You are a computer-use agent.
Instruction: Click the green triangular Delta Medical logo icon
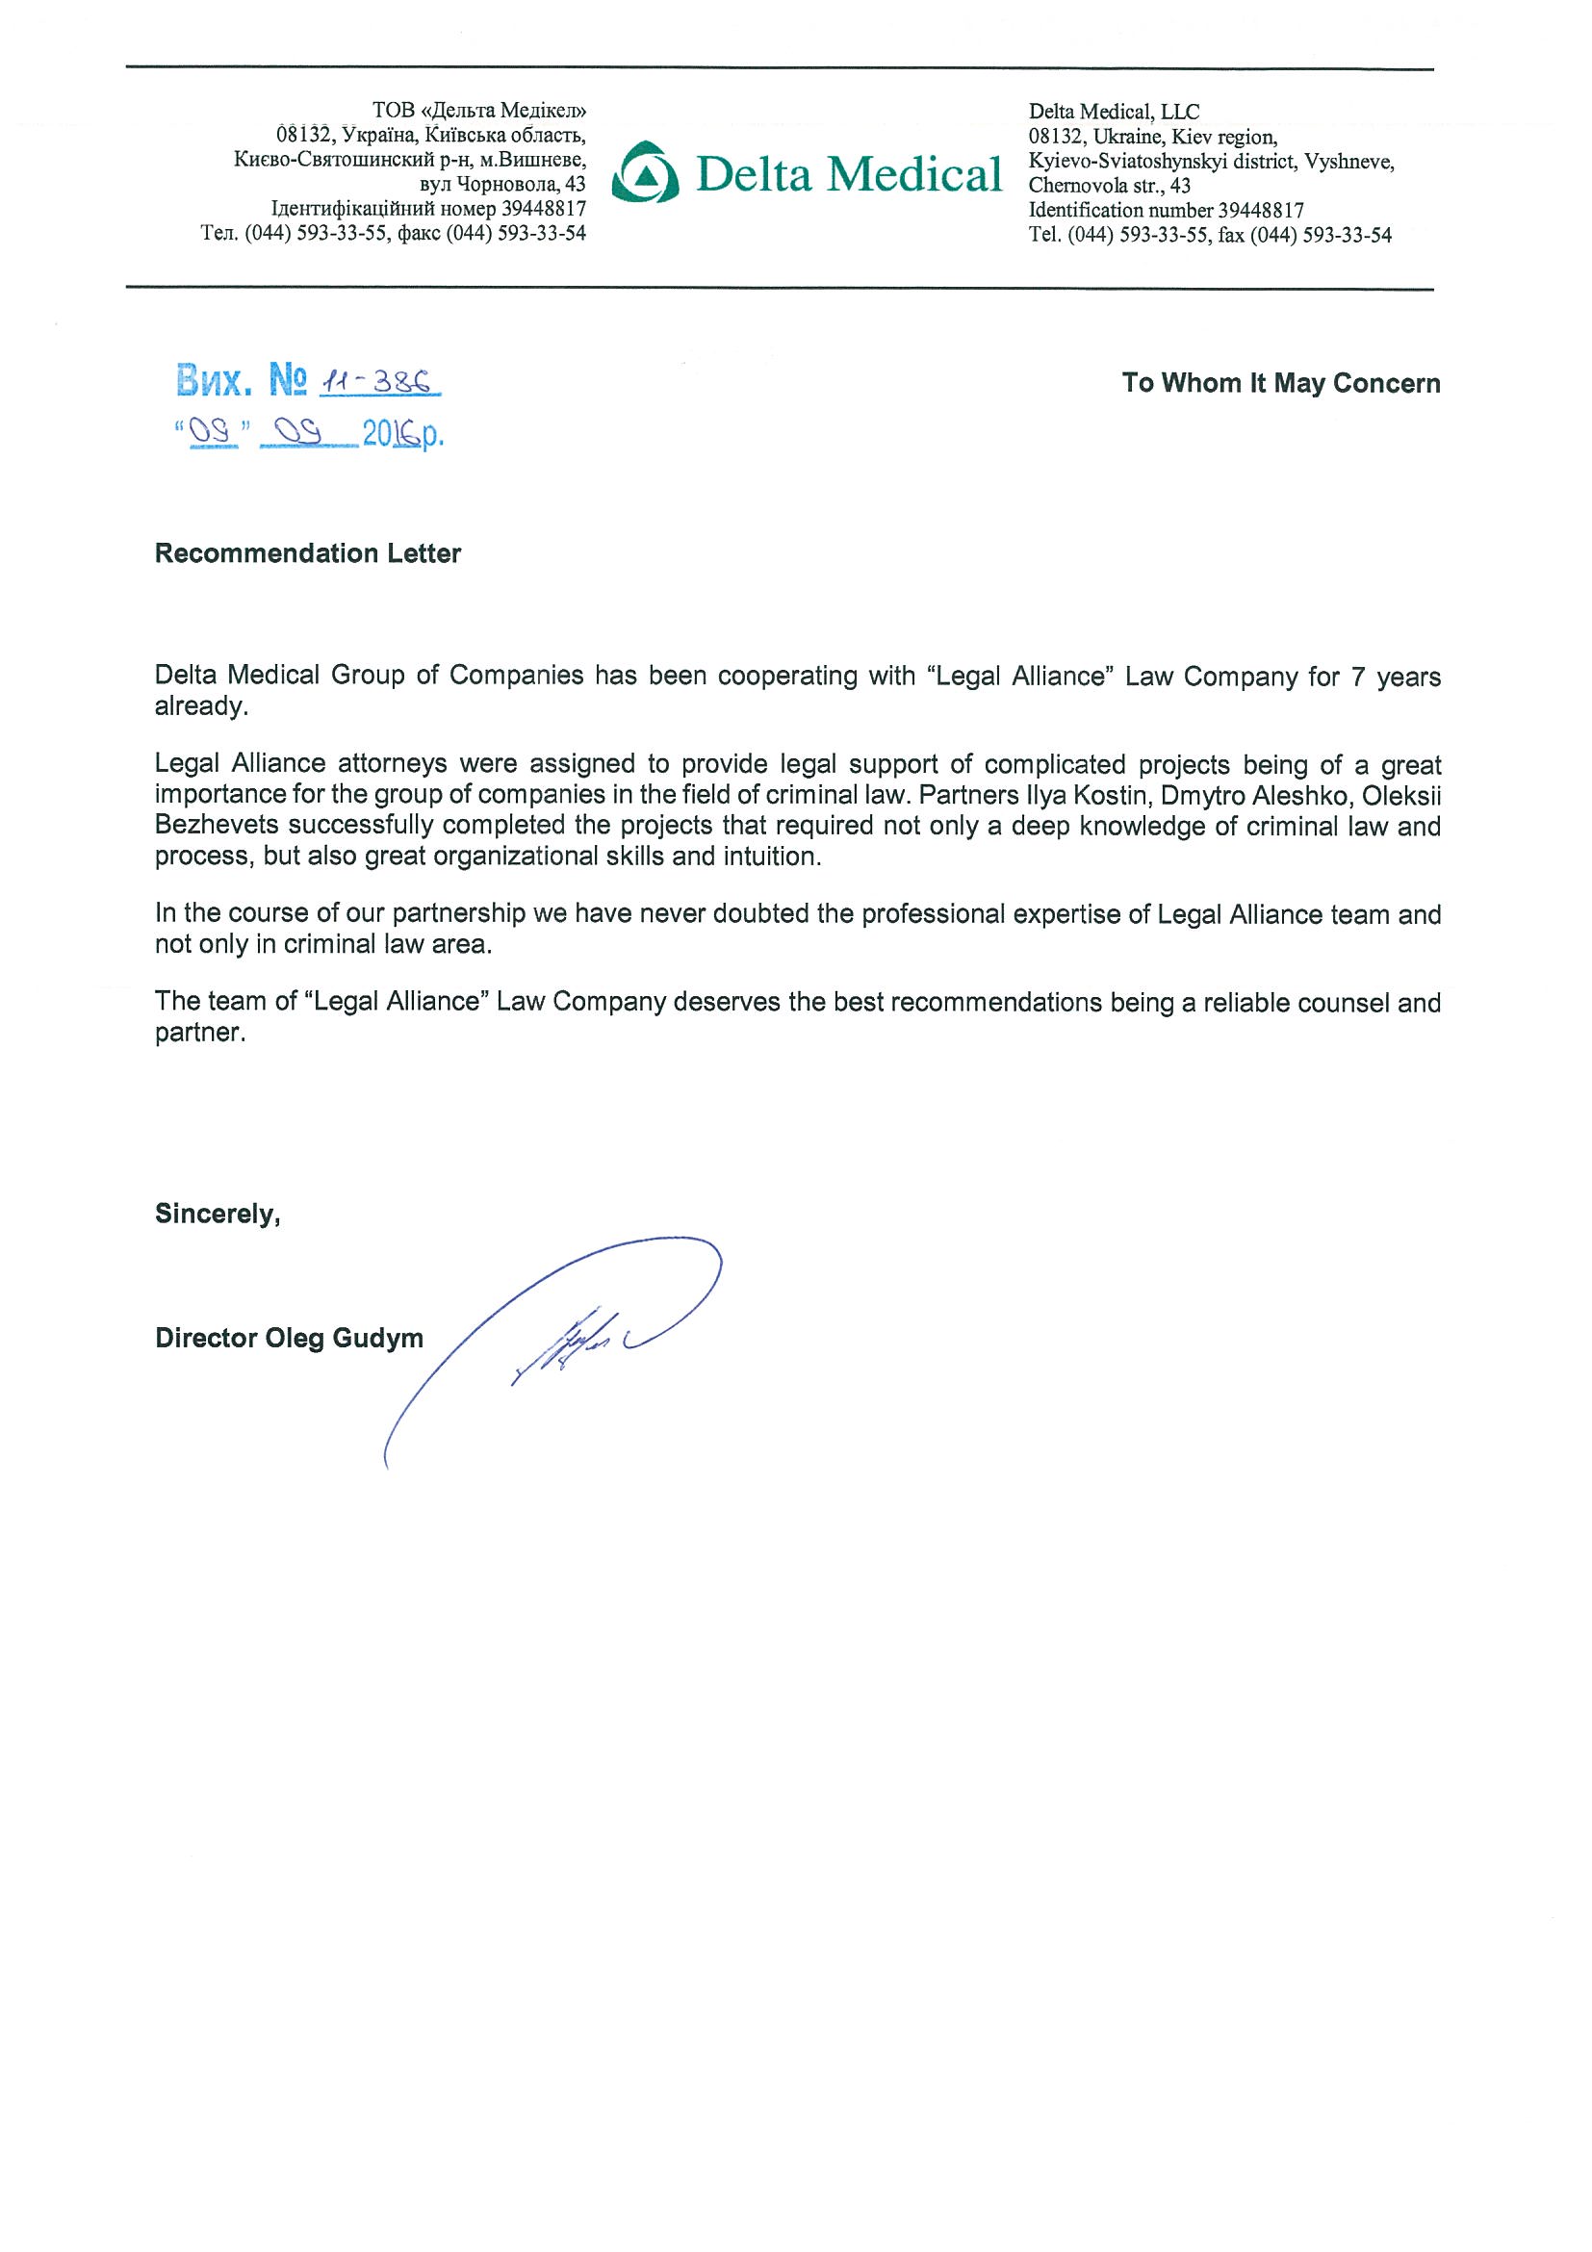[x=645, y=173]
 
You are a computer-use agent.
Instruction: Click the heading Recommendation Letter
[x=307, y=554]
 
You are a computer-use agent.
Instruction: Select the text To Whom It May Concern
[x=1280, y=383]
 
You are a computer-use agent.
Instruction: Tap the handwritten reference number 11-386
[x=378, y=382]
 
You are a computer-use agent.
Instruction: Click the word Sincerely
[x=217, y=1215]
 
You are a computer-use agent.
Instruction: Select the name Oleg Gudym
[x=345, y=1339]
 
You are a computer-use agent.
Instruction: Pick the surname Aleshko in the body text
[x=1308, y=796]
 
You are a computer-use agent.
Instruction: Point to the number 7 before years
[x=1357, y=677]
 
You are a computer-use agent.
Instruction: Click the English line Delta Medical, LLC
[x=1114, y=112]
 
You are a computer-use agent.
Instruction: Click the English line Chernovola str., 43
[x=1110, y=186]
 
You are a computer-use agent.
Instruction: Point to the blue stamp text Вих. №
[x=242, y=380]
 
